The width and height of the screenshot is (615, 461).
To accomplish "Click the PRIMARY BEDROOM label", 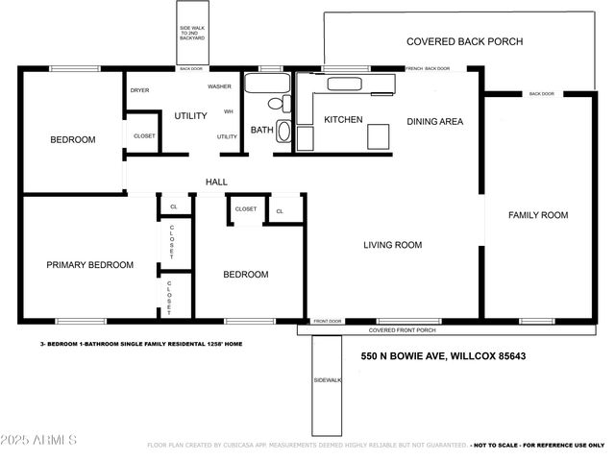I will click(89, 264).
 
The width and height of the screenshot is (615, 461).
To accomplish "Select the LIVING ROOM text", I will click(392, 245).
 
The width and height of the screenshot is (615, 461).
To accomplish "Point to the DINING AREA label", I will click(435, 121).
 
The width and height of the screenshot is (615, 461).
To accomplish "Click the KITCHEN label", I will click(343, 119).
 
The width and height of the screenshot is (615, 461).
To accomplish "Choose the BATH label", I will click(261, 130).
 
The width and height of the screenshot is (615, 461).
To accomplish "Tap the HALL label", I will click(216, 182).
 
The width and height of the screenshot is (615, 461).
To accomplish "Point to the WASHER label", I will click(219, 86).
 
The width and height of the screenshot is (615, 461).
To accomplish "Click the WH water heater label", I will click(228, 111).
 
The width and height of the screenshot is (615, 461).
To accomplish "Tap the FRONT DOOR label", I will click(328, 321).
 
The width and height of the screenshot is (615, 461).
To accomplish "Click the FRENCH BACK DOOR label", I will click(428, 68).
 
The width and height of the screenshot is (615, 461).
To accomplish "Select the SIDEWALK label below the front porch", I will click(327, 380).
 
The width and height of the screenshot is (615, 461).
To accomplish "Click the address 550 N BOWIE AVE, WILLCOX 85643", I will click(443, 356).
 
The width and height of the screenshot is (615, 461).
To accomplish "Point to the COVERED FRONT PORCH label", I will click(402, 329).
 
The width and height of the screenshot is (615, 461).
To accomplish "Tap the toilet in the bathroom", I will click(276, 102).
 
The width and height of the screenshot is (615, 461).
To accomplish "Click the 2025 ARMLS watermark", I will click(39, 440).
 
